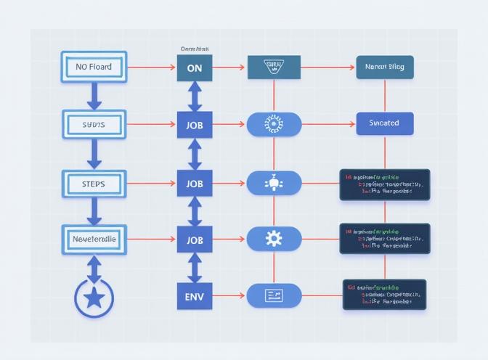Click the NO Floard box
pos(94,67)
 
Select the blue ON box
pos(195,67)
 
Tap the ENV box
pos(195,295)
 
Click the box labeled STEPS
pos(94,184)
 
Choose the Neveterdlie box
pos(94,239)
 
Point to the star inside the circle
pos(94,297)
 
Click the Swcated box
pos(385,123)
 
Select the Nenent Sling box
pos(385,67)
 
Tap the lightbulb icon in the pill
pos(274,184)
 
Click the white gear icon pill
pos(274,239)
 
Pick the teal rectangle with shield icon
pos(274,67)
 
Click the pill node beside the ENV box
pos(274,295)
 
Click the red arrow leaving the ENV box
pos(229,295)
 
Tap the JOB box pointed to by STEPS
pos(195,184)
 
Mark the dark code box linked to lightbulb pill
pos(385,184)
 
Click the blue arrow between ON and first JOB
pos(195,96)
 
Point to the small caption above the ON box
pos(195,49)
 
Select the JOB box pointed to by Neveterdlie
pos(195,239)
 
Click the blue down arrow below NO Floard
pos(94,96)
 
